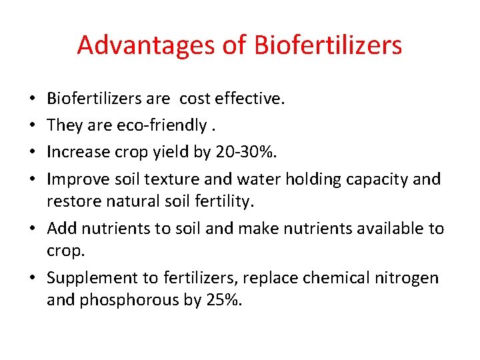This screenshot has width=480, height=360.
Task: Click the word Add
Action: (x=62, y=229)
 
